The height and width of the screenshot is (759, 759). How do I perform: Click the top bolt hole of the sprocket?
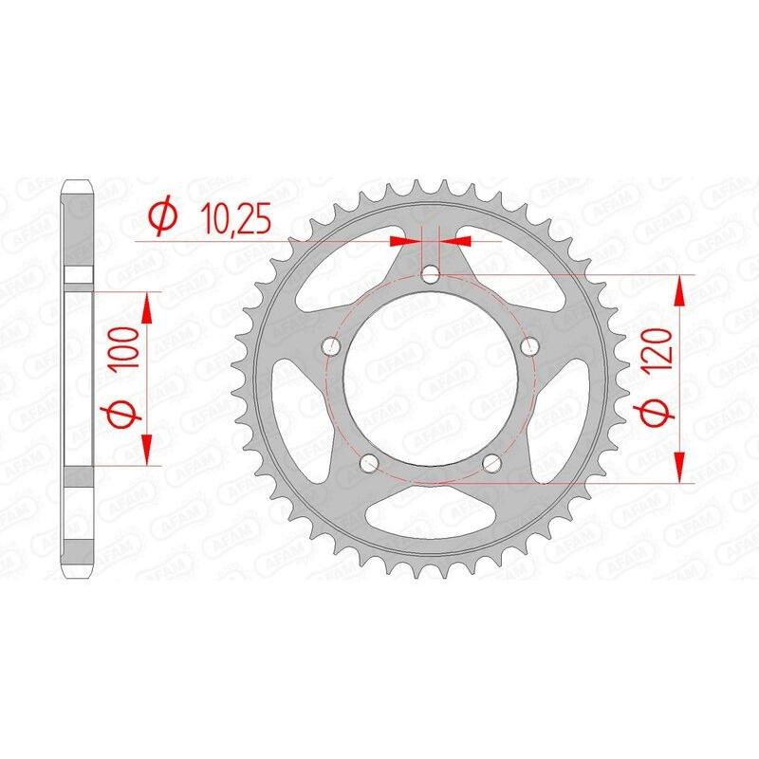pyautogui.click(x=431, y=275)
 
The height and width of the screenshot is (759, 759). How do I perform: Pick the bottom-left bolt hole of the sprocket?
pyautogui.click(x=370, y=464)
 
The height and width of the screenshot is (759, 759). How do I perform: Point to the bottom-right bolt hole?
pyautogui.click(x=492, y=464)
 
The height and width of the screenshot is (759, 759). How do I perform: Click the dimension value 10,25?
pyautogui.click(x=236, y=220)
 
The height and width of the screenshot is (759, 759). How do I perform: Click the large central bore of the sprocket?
pyautogui.click(x=431, y=379)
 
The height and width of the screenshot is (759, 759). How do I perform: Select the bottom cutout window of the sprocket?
pyautogui.click(x=432, y=517)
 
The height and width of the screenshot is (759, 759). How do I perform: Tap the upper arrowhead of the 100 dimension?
pyautogui.click(x=147, y=305)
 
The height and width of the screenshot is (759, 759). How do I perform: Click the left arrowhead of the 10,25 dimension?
pyautogui.click(x=409, y=241)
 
